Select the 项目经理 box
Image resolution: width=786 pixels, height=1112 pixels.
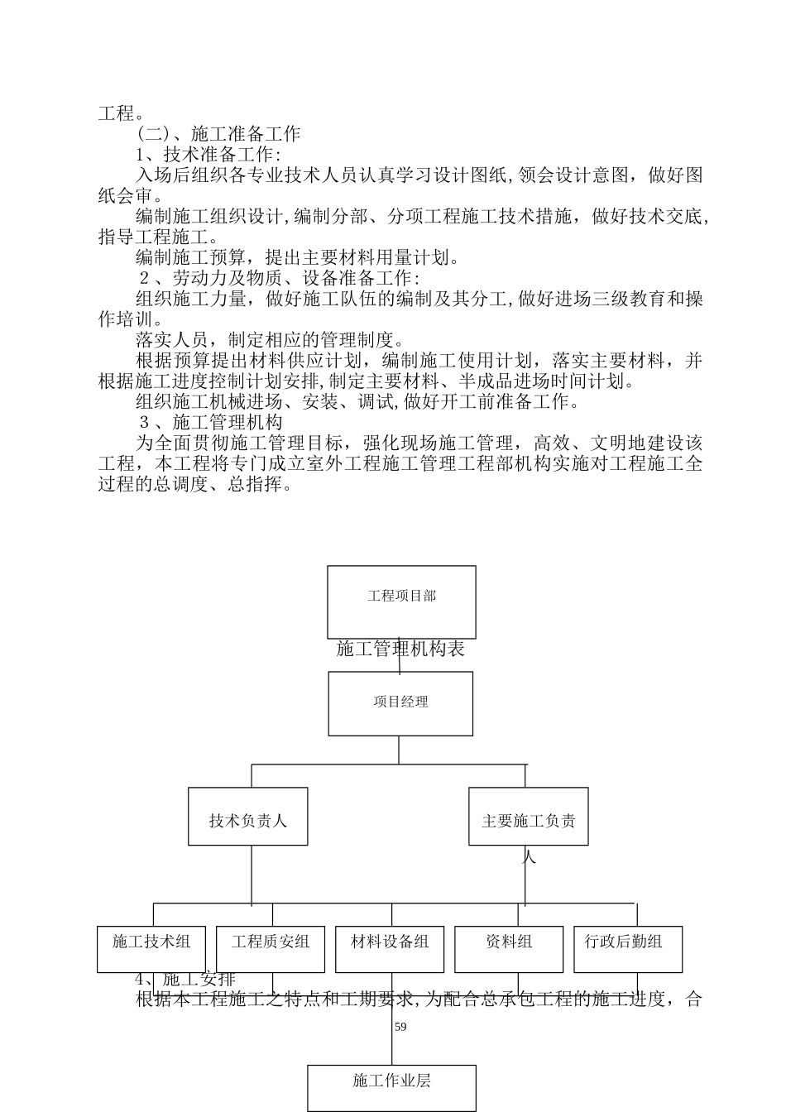pyautogui.click(x=400, y=702)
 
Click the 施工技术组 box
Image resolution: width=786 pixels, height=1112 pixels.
pyautogui.click(x=151, y=948)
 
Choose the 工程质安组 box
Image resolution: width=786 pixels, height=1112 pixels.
pyautogui.click(x=270, y=948)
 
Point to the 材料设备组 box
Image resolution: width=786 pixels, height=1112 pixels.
pyautogui.click(x=389, y=948)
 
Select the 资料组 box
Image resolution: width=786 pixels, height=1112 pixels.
pyautogui.click(x=508, y=948)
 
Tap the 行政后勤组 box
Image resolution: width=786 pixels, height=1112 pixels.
pyautogui.click(x=627, y=948)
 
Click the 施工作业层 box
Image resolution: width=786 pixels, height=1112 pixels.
pyautogui.click(x=391, y=1087)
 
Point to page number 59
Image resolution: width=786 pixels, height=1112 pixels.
pyautogui.click(x=400, y=1027)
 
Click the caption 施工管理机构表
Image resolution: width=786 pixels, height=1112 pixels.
pyautogui.click(x=400, y=649)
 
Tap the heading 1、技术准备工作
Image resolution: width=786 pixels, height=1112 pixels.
pyautogui.click(x=208, y=154)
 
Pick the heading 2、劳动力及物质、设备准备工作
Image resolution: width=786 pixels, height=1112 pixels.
pyautogui.click(x=278, y=278)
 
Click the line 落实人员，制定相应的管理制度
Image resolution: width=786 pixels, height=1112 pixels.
pyautogui.click(x=271, y=340)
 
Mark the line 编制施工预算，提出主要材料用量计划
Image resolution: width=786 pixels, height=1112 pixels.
pyautogui.click(x=298, y=257)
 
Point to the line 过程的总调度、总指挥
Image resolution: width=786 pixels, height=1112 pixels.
pyautogui.click(x=196, y=485)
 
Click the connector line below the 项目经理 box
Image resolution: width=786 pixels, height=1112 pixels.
pyautogui.click(x=399, y=750)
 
